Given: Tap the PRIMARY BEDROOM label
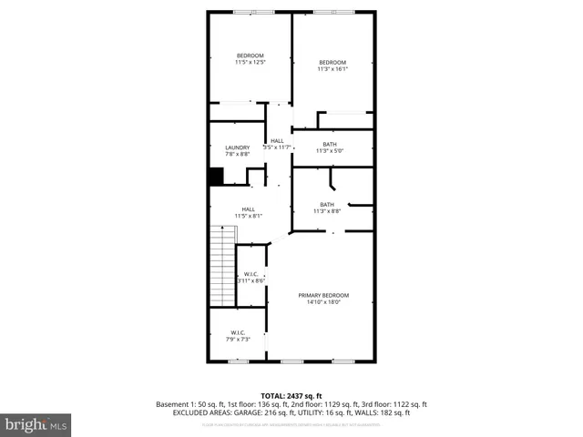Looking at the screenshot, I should tap(323, 295).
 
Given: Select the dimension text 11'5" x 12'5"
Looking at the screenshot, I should tap(250, 63).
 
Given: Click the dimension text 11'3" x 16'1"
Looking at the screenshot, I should tap(332, 69).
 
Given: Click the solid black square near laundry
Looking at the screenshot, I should tap(217, 177).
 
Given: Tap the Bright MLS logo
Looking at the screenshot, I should tap(36, 424).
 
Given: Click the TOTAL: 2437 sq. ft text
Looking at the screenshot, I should tap(291, 394).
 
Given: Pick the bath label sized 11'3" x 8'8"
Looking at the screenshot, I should tap(327, 204).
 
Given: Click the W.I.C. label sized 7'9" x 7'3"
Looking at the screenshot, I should tap(238, 332).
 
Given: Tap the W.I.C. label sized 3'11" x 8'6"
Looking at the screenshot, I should tap(251, 274).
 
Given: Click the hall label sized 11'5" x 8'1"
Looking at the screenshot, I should tap(248, 208).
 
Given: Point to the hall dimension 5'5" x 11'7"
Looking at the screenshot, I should tap(277, 147).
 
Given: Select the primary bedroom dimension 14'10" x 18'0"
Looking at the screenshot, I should tap(323, 302).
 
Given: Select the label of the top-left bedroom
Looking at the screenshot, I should tap(250, 56).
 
